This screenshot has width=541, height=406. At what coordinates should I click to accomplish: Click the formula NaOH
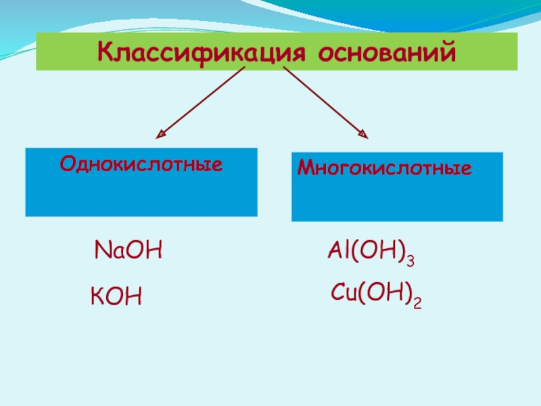129,252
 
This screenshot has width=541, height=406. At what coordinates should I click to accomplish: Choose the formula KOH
116,296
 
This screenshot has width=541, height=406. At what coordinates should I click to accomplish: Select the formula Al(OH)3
371,254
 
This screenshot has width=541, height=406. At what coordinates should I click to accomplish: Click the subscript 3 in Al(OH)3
410,259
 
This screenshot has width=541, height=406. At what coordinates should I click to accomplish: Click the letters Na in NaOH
106,252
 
